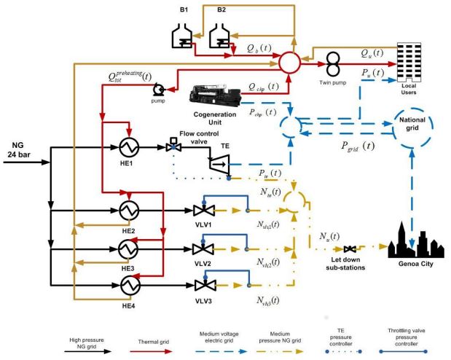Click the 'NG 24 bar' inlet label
pyautogui.click(x=20, y=149)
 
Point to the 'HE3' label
pyautogui.click(x=129, y=267)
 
